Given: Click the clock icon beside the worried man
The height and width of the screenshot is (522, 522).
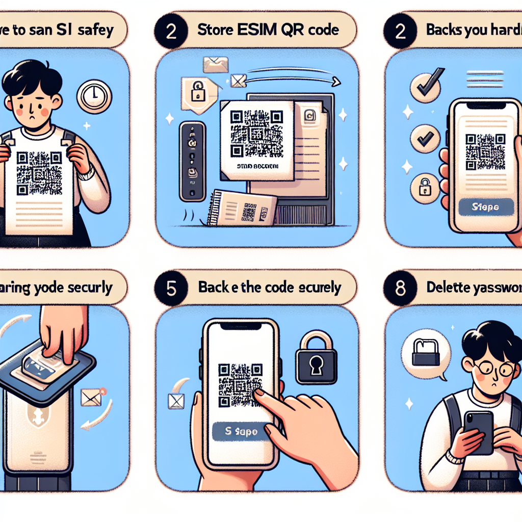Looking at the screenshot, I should [94, 96].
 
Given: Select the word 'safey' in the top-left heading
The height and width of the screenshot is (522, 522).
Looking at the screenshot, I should [96, 30].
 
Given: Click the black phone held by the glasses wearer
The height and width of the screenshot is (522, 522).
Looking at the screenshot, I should [479, 431].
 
